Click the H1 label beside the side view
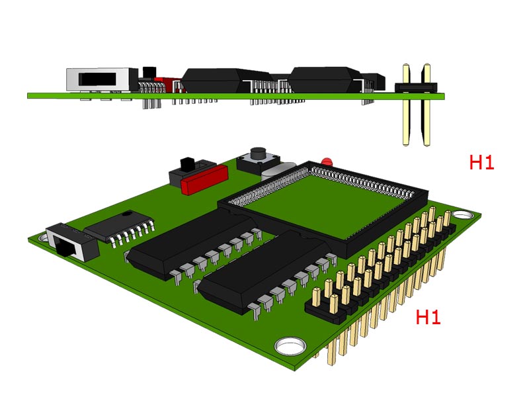(481, 162)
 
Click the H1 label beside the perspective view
(428, 317)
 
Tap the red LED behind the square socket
(326, 161)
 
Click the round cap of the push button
(258, 154)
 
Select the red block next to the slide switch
(204, 179)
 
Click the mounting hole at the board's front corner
(290, 346)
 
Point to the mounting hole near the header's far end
(462, 214)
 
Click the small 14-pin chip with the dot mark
(118, 226)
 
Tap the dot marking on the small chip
(127, 214)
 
